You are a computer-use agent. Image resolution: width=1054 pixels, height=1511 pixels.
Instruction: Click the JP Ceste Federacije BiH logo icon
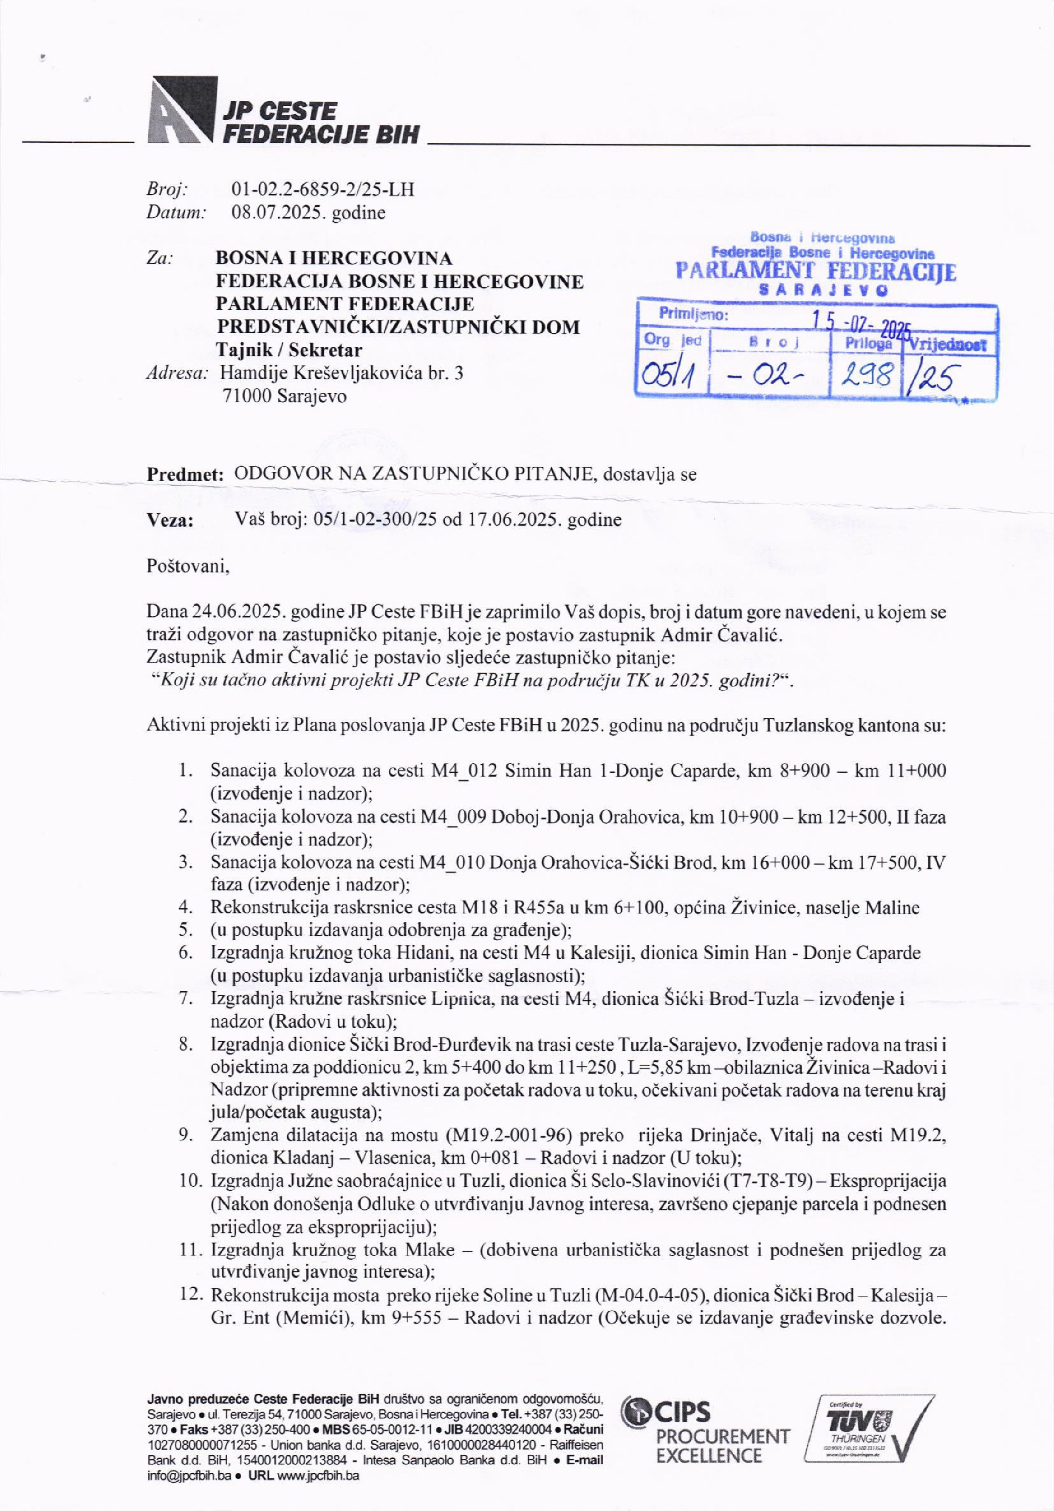[184, 111]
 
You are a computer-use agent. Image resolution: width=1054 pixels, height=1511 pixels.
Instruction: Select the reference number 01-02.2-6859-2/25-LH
[322, 190]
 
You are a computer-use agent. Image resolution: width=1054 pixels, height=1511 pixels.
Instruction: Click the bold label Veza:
[170, 521]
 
